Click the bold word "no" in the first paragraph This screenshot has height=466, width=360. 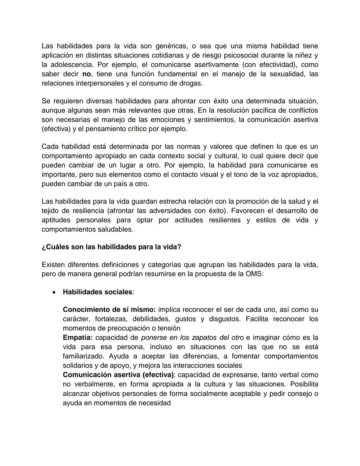point(86,74)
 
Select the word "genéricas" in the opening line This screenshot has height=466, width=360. point(171,46)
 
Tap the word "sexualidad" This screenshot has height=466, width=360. point(287,74)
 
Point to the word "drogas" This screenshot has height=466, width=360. point(191,83)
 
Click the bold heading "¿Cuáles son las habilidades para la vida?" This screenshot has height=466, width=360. point(111,247)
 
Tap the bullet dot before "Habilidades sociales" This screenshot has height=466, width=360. point(54,292)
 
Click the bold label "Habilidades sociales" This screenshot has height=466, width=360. point(97,292)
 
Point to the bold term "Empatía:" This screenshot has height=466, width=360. point(78,338)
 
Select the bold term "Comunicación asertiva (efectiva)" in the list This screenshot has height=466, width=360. point(118,375)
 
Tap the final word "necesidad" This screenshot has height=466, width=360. point(154,403)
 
